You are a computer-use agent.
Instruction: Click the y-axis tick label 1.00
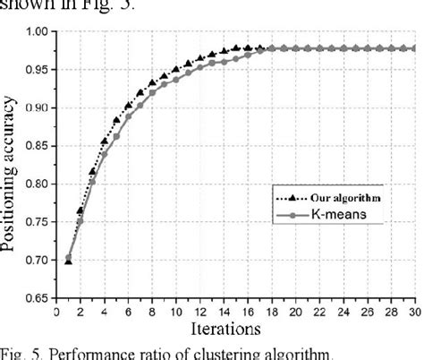pos(39,32)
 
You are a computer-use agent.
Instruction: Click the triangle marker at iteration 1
pos(68,260)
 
